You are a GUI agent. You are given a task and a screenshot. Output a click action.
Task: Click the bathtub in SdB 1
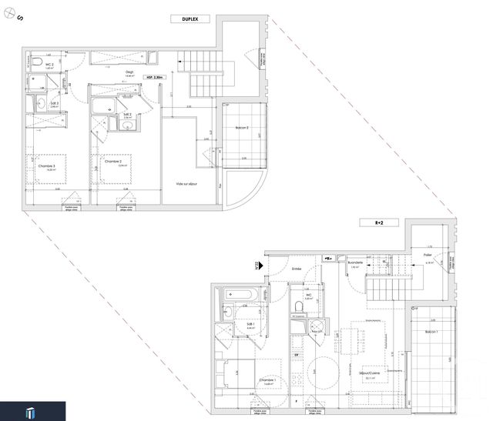(239, 295)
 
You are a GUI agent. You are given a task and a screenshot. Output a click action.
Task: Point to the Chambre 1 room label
(268, 380)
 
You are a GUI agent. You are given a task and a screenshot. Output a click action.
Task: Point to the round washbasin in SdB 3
(40, 102)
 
